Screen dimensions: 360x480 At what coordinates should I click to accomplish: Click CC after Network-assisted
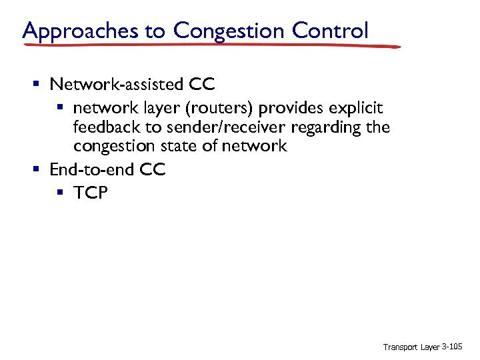(x=203, y=84)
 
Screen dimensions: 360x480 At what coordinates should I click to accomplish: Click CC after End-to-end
(x=153, y=169)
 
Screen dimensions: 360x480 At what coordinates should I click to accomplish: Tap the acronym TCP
(x=90, y=193)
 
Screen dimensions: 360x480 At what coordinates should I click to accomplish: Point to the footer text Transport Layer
(x=411, y=347)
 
